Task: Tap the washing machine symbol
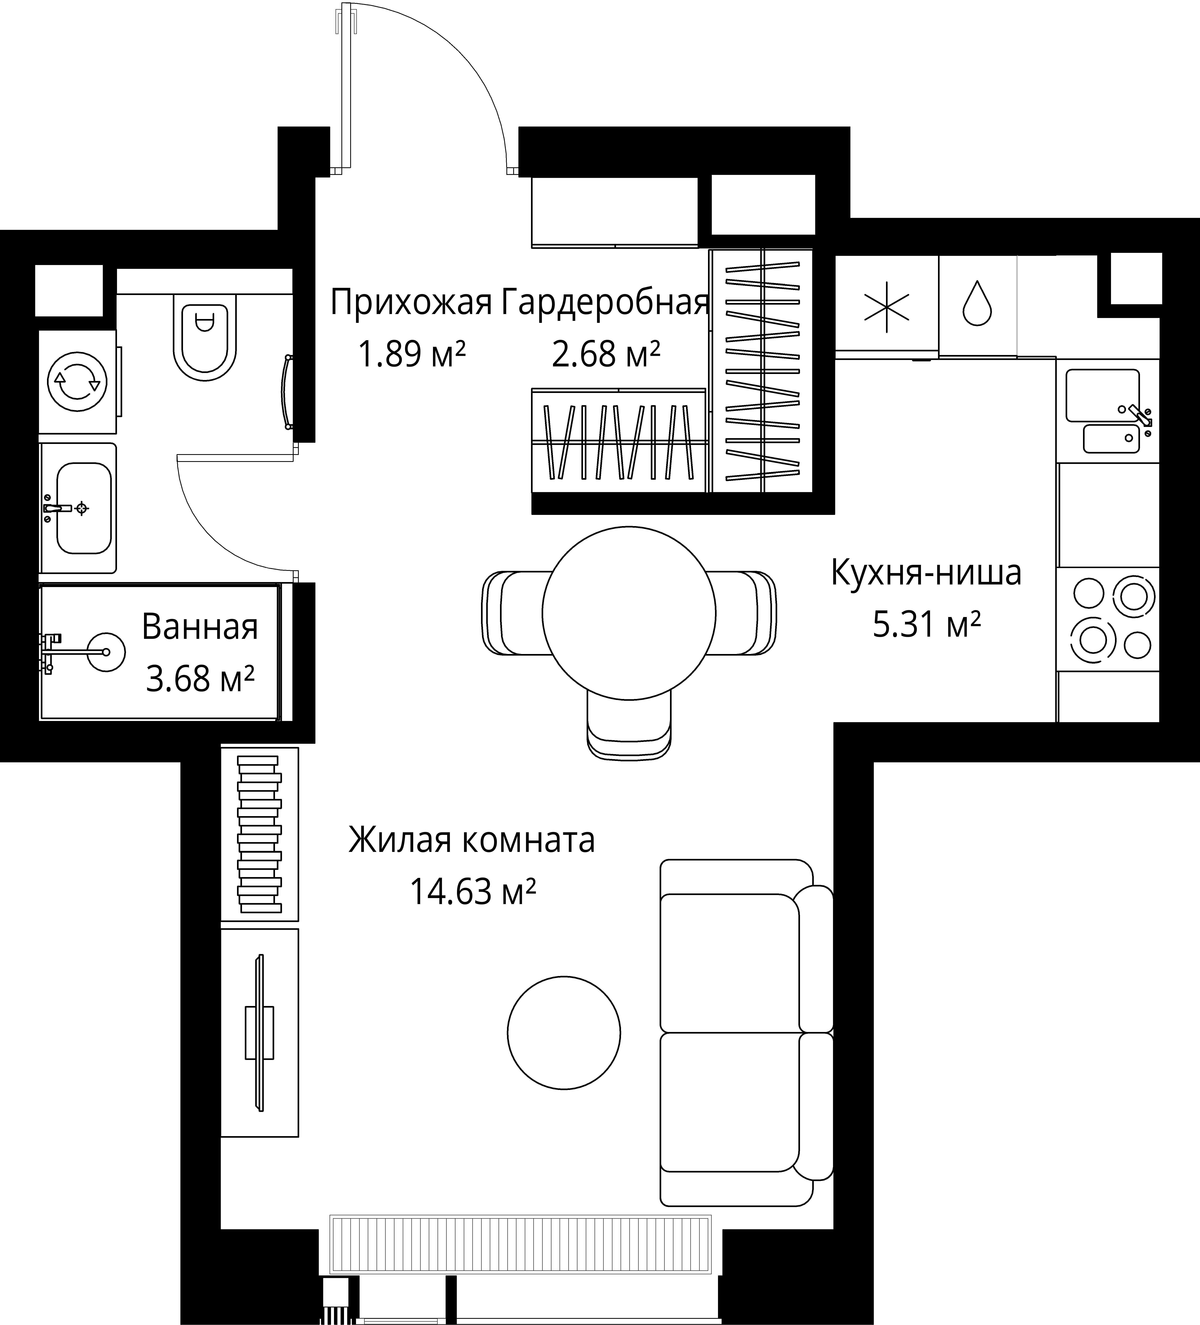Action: click(x=78, y=381)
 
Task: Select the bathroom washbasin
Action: click(x=84, y=508)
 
